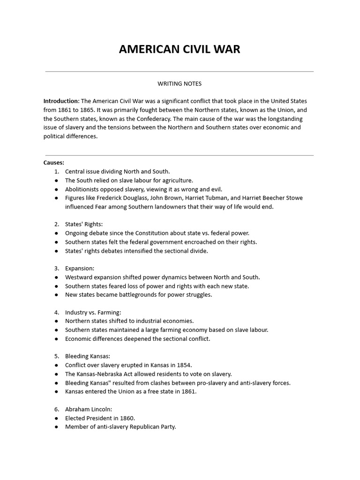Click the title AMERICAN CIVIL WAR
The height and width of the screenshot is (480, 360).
coord(180,49)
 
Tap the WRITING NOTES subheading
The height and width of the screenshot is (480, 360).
coord(180,84)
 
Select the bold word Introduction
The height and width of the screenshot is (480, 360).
coord(61,101)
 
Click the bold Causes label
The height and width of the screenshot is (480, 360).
coord(53,163)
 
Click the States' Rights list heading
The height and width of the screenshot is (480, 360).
coord(83,225)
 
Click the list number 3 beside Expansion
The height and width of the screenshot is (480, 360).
coord(56,269)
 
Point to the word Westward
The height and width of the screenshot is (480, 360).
coord(79,277)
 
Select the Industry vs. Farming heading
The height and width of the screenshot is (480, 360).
coord(93,312)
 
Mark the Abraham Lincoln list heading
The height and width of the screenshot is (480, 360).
coord(88,409)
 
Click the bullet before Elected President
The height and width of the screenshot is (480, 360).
coord(56,418)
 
